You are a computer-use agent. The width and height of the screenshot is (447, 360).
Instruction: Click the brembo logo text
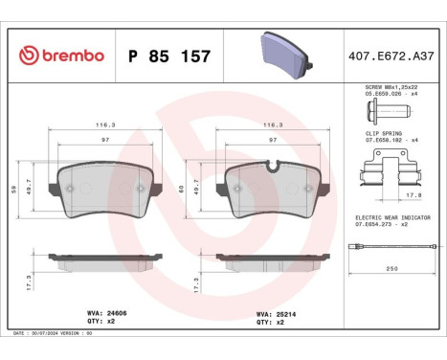[x=59, y=56]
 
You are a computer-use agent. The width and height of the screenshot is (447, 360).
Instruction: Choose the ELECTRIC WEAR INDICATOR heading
[x=391, y=217]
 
